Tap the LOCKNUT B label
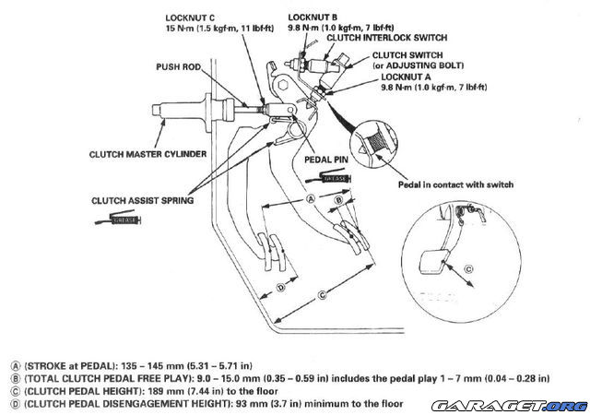313,18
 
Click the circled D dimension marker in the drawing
281,288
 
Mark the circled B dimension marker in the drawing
339,197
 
